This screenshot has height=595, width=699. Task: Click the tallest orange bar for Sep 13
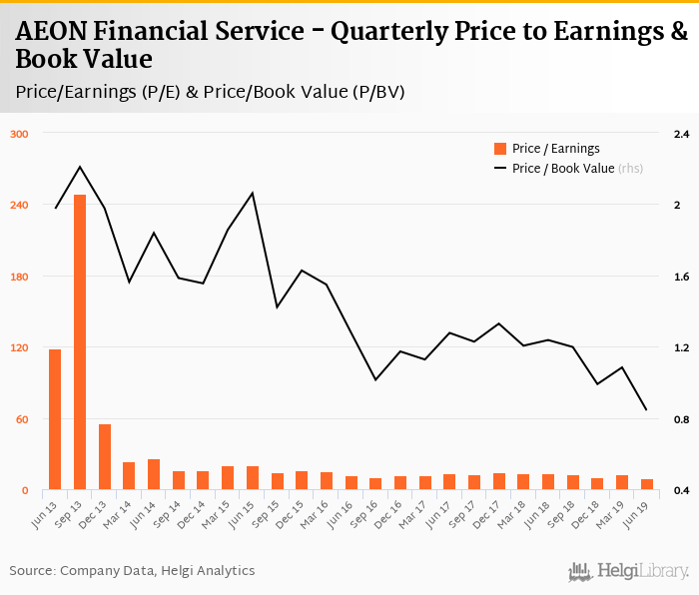80,342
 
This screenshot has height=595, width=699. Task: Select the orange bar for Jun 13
55,419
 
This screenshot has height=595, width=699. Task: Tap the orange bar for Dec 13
104,457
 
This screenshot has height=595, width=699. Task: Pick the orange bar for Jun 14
153,474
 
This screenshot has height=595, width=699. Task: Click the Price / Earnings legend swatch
500,149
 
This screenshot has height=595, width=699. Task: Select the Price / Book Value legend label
563,169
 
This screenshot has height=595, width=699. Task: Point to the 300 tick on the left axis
20,134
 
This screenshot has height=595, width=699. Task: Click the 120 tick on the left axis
20,348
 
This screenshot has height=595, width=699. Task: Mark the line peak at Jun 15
252,193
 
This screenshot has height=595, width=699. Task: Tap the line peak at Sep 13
80,167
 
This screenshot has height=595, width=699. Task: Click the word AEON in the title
51,32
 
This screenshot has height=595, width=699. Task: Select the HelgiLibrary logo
628,571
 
